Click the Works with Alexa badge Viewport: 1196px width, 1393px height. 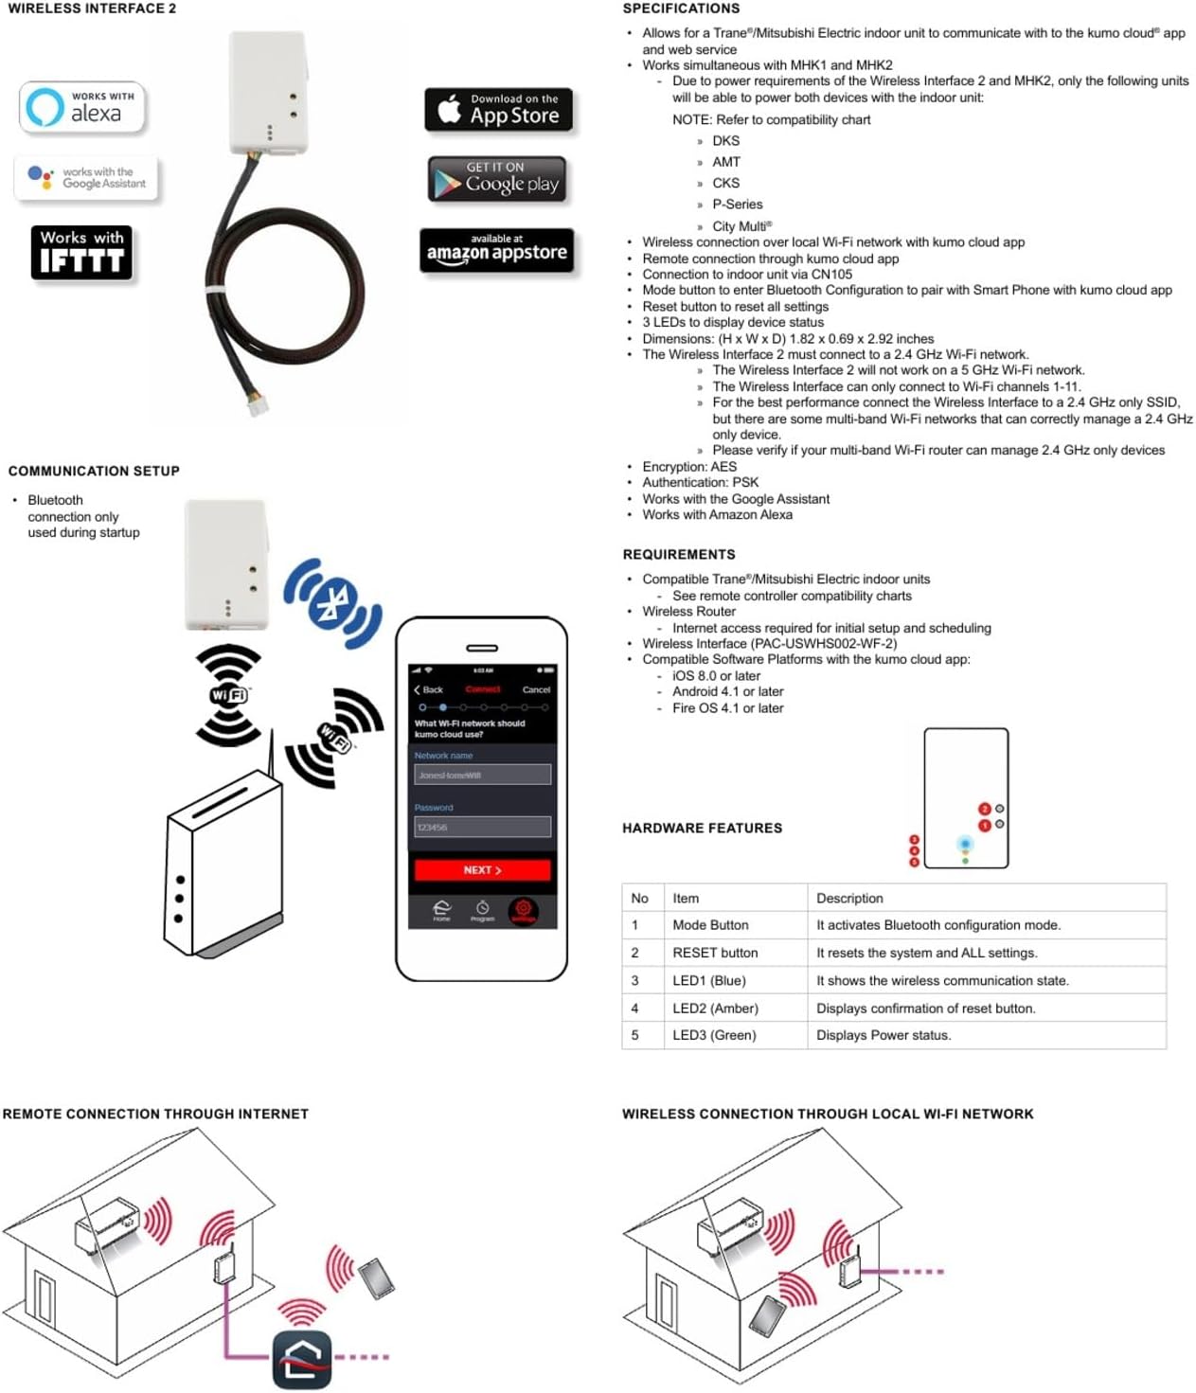[x=82, y=106]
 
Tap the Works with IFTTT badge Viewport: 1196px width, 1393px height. [x=81, y=252]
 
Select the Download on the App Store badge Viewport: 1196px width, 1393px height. [x=498, y=110]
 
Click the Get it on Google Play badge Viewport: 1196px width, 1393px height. [x=497, y=179]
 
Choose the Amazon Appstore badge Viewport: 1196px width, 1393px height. [x=496, y=250]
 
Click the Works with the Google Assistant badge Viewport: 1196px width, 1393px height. [x=86, y=178]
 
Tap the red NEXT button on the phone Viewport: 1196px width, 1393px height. [x=482, y=869]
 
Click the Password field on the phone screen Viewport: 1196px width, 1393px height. [x=482, y=827]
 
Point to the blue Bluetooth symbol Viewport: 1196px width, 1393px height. [x=332, y=602]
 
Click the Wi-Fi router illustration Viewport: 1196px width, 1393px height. [x=224, y=862]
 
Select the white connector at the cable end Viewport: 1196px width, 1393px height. [x=258, y=403]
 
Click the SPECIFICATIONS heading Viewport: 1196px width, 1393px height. [x=681, y=9]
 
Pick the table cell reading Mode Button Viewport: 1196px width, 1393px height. [x=710, y=925]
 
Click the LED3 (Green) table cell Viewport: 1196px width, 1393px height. [x=714, y=1035]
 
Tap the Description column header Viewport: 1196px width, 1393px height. [x=849, y=898]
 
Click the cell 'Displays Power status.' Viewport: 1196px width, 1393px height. [x=884, y=1035]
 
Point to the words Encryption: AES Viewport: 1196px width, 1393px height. [x=689, y=467]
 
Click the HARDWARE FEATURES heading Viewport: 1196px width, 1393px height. [x=702, y=828]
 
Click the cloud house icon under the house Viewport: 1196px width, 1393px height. [x=302, y=1359]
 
